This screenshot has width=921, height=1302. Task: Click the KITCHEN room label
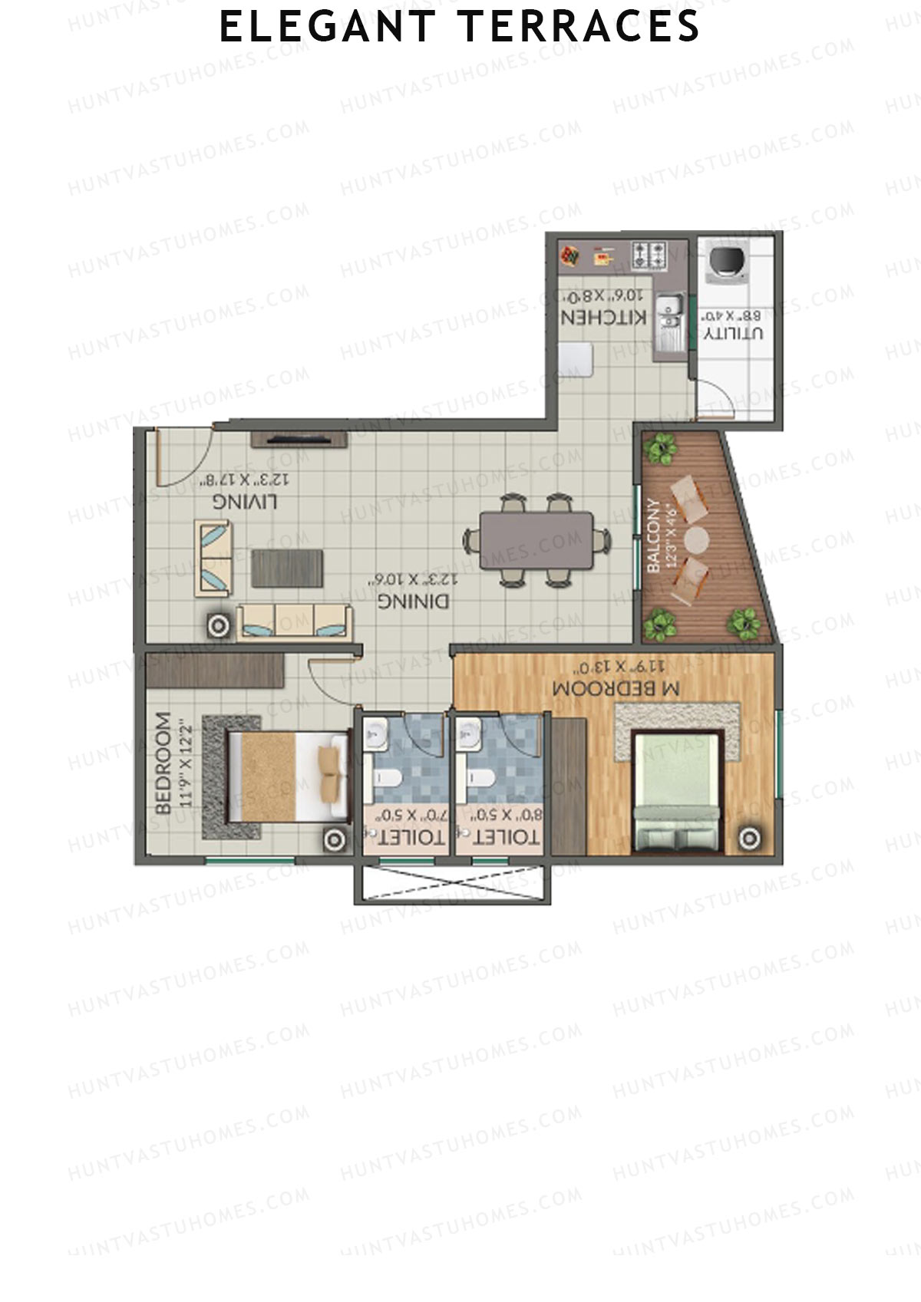coord(603,317)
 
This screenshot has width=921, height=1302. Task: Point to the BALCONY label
coord(654,536)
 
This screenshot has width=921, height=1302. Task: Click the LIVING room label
coord(245,502)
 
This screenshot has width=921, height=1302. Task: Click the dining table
coord(536,540)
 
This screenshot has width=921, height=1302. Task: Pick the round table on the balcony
coord(697,539)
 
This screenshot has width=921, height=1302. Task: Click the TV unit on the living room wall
coord(299,438)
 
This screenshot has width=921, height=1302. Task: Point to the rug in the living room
coord(287,568)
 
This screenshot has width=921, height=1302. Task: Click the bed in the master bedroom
coord(677,791)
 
